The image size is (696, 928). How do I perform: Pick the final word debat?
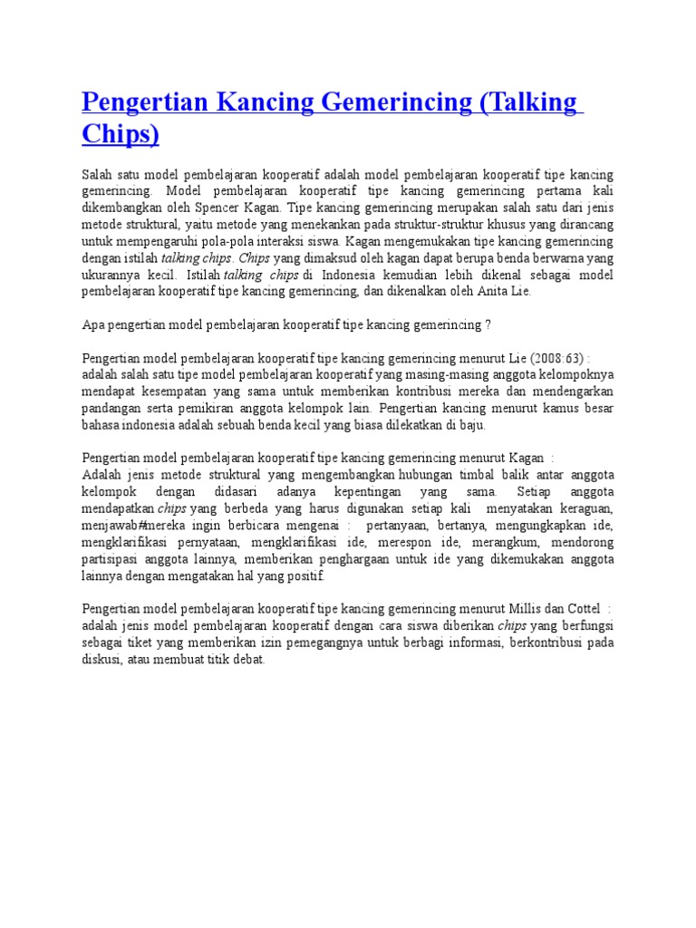click(x=248, y=659)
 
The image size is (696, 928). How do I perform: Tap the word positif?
click(x=304, y=575)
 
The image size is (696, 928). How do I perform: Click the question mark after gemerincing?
click(x=488, y=324)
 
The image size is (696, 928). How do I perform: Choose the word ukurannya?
click(x=111, y=274)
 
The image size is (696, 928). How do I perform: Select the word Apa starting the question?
click(x=92, y=324)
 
